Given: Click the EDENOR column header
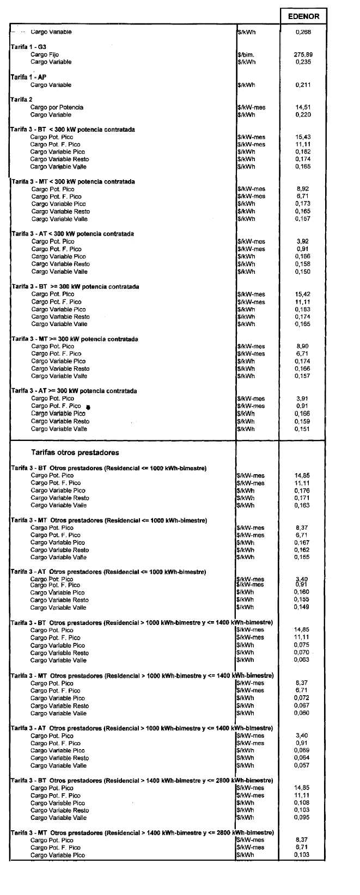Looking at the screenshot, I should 303,16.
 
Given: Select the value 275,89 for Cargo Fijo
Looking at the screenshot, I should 303,54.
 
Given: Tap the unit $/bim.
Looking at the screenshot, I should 246,55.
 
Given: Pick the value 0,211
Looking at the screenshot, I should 303,85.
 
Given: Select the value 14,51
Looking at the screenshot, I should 303,108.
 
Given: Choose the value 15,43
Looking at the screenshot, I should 303,137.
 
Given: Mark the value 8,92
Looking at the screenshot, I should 303,189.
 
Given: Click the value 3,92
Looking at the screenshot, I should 303,241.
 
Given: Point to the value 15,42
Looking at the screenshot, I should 303,294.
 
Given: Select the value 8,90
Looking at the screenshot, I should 303,346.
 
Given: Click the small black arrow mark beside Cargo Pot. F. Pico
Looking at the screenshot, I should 88,407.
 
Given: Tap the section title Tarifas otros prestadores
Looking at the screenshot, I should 75,452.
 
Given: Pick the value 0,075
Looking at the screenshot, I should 302,645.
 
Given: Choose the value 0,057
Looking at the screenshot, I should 302,765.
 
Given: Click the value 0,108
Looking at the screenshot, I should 302,803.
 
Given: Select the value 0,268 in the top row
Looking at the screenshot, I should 303,32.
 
